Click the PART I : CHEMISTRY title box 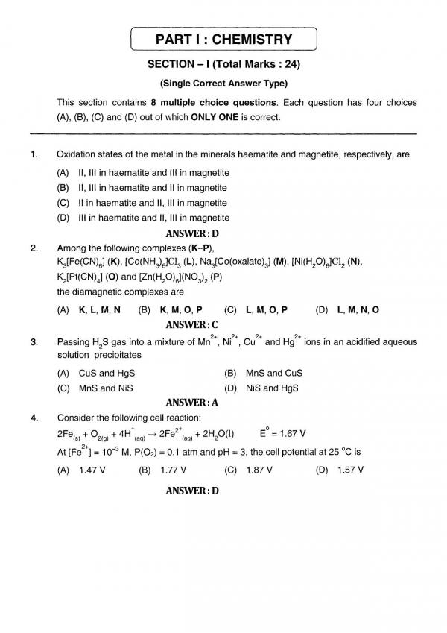tap(223, 40)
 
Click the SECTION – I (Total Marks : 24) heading tap(223, 64)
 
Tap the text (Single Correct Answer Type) tap(223, 84)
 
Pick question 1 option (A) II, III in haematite tap(142, 172)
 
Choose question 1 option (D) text tap(142, 218)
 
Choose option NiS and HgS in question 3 tap(273, 388)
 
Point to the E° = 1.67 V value tap(282, 434)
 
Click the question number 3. tap(34, 342)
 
